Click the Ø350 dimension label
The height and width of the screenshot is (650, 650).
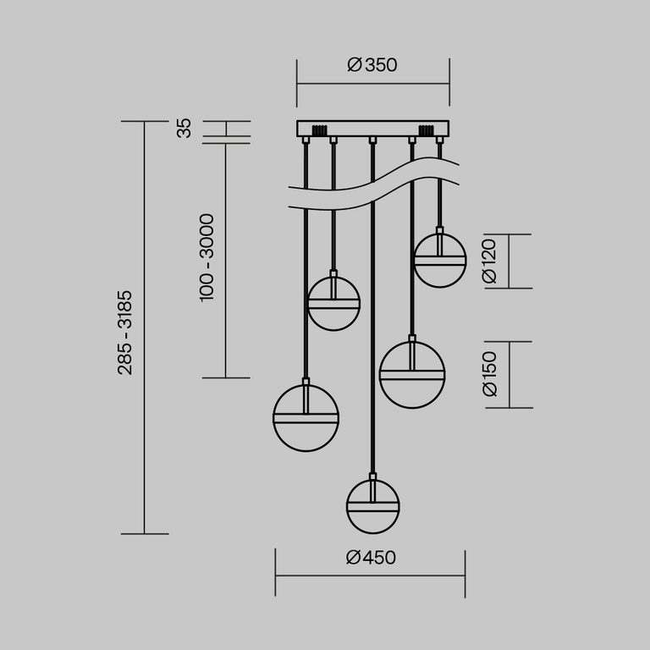pyautogui.click(x=372, y=65)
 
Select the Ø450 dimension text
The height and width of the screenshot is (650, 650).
pyautogui.click(x=372, y=557)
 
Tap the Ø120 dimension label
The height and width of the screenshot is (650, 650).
pyautogui.click(x=488, y=262)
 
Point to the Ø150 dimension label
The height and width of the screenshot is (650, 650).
pyautogui.click(x=488, y=374)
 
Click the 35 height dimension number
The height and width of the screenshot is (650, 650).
pyautogui.click(x=184, y=129)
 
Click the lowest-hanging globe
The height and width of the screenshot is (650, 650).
pyautogui.click(x=372, y=507)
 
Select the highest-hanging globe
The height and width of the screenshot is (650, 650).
pyautogui.click(x=439, y=260)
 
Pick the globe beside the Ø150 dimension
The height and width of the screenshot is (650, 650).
pyautogui.click(x=412, y=374)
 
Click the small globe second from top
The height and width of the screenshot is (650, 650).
pyautogui.click(x=333, y=303)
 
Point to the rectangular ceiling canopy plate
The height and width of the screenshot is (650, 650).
pyautogui.click(x=372, y=129)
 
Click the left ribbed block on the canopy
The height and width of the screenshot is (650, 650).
pyautogui.click(x=319, y=131)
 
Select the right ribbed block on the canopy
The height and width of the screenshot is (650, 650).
pyautogui.click(x=426, y=131)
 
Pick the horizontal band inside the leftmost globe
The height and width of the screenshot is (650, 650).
pyautogui.click(x=306, y=417)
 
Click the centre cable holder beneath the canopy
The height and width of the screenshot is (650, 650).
pyautogui.click(x=372, y=140)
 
